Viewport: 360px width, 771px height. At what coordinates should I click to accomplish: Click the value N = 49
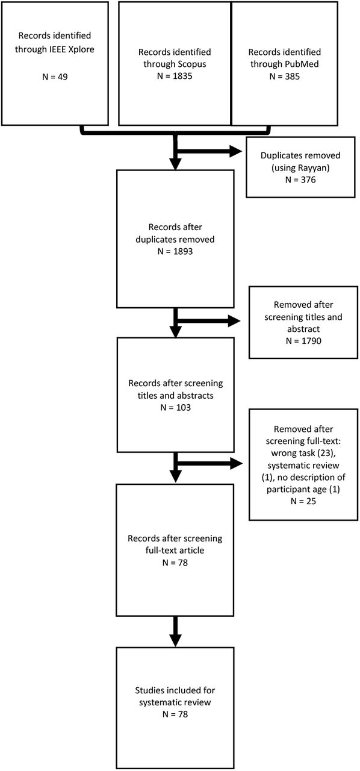55,76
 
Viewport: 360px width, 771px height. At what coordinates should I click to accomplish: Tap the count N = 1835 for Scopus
175,76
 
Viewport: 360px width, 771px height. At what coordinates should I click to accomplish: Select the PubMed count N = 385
284,76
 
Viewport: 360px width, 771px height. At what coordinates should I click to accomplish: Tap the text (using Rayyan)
300,168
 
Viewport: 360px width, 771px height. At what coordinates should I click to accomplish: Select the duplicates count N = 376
300,179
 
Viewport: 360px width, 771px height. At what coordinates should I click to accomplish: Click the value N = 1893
175,251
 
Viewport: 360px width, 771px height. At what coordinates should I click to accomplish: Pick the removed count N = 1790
303,341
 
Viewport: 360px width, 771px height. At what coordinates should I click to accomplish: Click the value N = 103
175,408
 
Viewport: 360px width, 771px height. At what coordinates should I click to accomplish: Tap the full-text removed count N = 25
303,501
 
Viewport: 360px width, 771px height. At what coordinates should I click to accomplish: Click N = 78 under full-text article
175,563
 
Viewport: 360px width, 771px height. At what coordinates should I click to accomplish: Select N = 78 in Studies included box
175,714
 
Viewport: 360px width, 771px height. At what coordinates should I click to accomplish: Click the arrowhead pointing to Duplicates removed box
236,151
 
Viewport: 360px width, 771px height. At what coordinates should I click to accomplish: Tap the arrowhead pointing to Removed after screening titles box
234,321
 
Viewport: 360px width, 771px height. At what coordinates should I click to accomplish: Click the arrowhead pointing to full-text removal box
236,463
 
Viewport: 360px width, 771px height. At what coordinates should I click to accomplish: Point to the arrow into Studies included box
176,632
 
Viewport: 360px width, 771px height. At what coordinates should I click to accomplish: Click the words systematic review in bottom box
175,702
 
